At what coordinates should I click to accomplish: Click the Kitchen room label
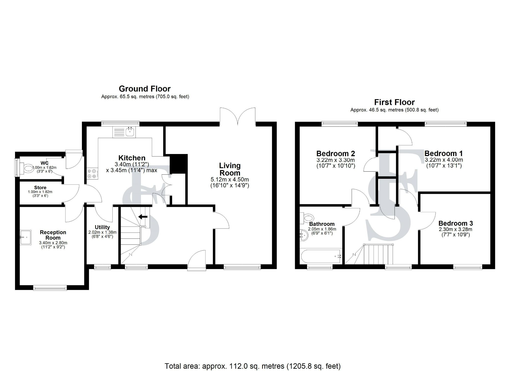[132, 158]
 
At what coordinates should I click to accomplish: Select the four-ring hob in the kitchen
[92, 173]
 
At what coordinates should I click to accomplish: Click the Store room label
[40, 188]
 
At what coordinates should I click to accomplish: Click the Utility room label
[102, 227]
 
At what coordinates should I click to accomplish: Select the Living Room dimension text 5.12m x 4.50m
[229, 180]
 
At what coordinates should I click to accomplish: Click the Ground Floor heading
[145, 89]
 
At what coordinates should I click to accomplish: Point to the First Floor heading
[394, 102]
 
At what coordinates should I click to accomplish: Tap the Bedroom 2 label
[336, 153]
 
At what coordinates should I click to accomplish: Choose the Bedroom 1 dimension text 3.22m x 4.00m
[444, 160]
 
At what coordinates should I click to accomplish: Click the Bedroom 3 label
[455, 223]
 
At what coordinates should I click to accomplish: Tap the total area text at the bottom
[252, 366]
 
